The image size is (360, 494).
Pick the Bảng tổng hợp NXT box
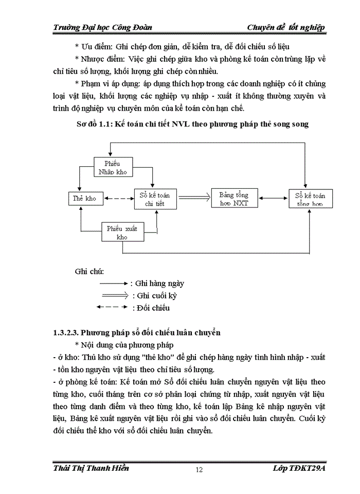(x=233, y=198)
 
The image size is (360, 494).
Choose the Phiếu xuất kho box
(x=122, y=232)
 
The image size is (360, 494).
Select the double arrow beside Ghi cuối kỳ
(x=114, y=296)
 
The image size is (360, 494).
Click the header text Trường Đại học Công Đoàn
(x=102, y=27)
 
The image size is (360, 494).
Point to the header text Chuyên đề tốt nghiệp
(x=286, y=27)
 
